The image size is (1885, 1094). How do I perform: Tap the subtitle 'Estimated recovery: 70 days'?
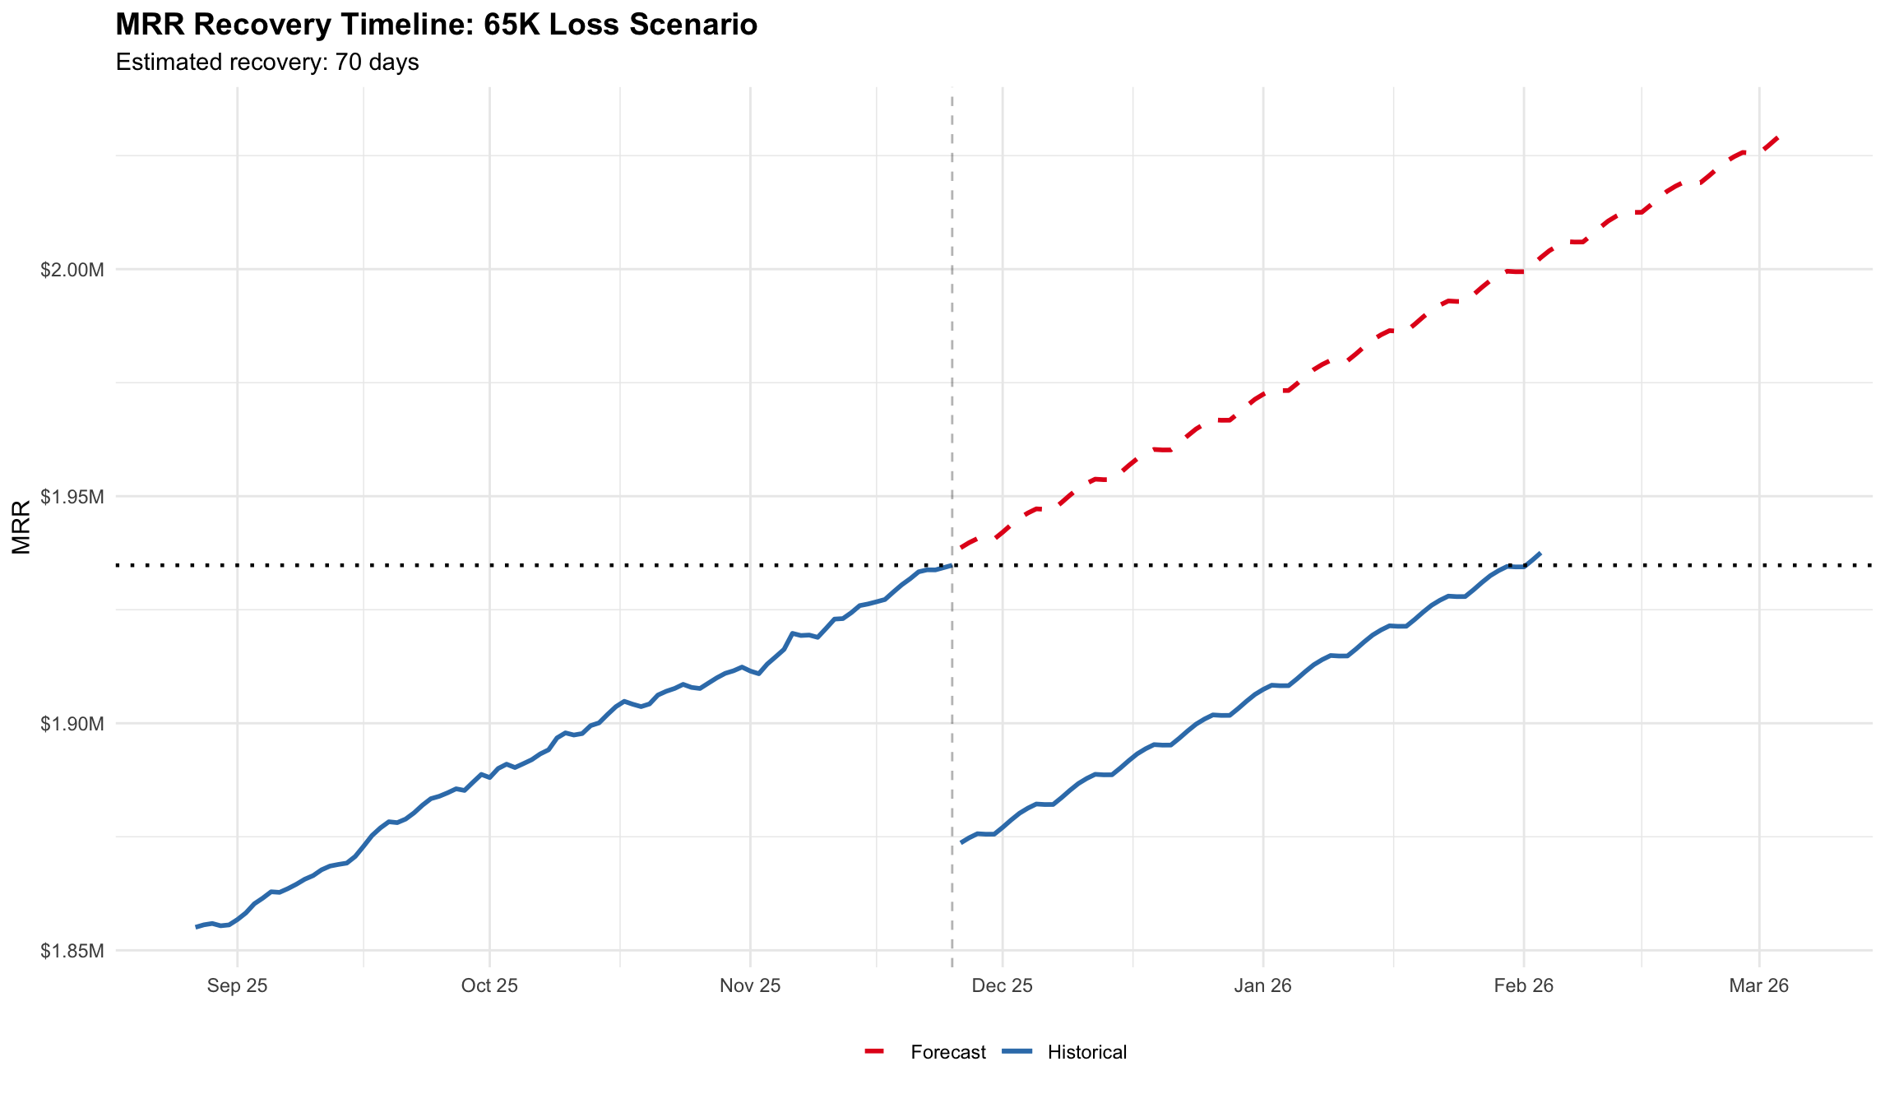tap(267, 63)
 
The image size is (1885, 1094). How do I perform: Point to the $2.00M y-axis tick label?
tap(72, 270)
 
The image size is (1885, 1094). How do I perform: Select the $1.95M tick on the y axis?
tap(72, 497)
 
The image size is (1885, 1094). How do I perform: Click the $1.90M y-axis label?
tap(72, 724)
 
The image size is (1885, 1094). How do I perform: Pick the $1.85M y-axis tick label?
tap(72, 951)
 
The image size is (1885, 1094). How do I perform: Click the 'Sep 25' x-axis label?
tap(237, 985)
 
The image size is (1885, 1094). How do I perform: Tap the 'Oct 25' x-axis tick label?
tap(489, 985)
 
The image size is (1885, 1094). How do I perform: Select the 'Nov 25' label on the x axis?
tap(749, 985)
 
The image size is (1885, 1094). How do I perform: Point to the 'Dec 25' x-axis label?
tap(1002, 985)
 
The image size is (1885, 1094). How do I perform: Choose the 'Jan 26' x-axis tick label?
tap(1262, 985)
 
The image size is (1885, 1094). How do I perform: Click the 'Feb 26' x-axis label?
tap(1523, 985)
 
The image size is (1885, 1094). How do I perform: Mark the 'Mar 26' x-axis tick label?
tap(1758, 985)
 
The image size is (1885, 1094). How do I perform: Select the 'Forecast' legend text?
tap(947, 1052)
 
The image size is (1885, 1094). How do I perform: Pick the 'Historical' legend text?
tap(1086, 1052)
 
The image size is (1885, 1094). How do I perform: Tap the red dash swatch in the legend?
tap(874, 1052)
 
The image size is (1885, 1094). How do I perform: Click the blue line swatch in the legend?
tap(1017, 1052)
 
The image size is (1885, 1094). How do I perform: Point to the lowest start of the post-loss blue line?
tap(961, 842)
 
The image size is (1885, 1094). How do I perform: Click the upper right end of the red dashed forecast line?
tap(1778, 137)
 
